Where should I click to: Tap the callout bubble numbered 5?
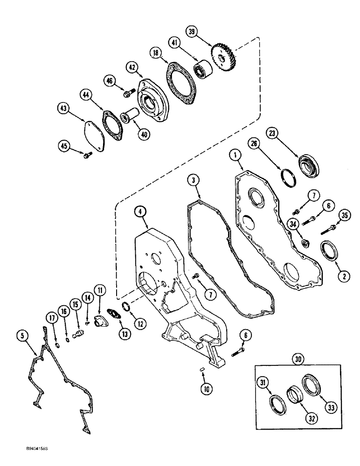[21, 335]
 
